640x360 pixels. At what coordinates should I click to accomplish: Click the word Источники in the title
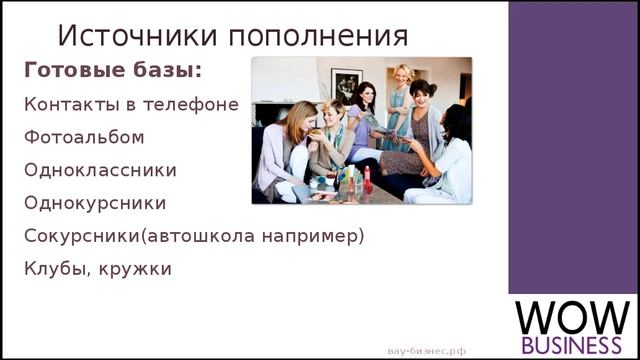pos(138,35)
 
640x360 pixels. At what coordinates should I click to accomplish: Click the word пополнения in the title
pos(319,36)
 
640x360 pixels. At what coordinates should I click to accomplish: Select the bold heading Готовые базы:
pos(112,71)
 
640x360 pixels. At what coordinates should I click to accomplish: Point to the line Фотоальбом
pos(84,137)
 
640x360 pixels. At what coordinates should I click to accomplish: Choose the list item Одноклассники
pos(100,170)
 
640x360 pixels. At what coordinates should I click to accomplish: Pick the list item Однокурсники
pos(95,203)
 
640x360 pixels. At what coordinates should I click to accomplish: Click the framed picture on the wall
pos(346,84)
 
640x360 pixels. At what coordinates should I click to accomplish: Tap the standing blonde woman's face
pos(404,75)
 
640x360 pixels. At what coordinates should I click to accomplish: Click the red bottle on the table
pos(367,181)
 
